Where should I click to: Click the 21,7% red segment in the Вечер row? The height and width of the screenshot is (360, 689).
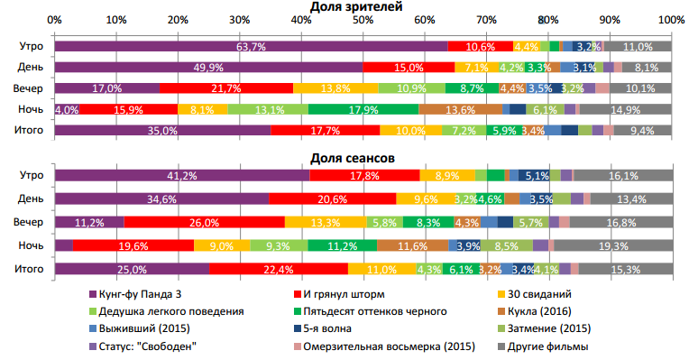pyautogui.click(x=225, y=88)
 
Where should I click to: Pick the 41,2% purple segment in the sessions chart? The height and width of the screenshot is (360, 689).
pyautogui.click(x=181, y=176)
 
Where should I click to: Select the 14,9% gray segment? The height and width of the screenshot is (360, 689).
pyautogui.click(x=625, y=109)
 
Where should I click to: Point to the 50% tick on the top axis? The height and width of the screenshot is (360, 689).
pyautogui.click(x=363, y=20)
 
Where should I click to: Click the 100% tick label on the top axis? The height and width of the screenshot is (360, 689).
pyautogui.click(x=669, y=20)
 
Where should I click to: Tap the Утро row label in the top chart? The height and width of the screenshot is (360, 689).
pyautogui.click(x=32, y=46)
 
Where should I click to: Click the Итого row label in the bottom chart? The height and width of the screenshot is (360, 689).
pyautogui.click(x=32, y=268)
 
